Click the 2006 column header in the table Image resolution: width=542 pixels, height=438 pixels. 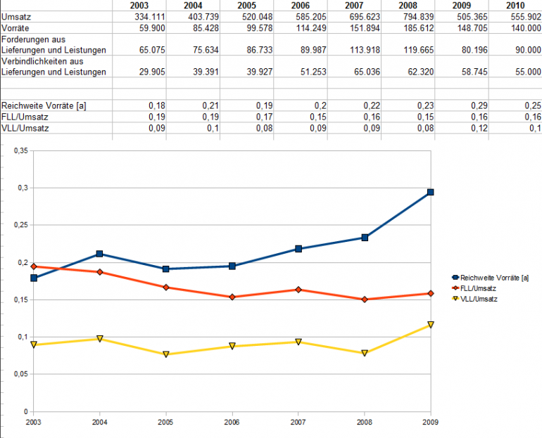(300, 6)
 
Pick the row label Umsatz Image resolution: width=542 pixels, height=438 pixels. (16, 16)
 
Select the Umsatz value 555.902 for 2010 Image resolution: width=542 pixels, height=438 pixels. (524, 16)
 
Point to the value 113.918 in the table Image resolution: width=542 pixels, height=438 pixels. (365, 49)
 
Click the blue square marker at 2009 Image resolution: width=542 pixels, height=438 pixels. (431, 192)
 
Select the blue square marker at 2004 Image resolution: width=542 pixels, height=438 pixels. (100, 254)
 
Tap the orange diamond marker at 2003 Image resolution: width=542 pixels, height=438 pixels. (34, 266)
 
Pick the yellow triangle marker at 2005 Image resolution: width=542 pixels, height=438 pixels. (166, 354)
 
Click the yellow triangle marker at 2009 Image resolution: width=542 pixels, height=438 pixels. (431, 325)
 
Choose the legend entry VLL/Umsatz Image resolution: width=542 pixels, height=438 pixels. (477, 299)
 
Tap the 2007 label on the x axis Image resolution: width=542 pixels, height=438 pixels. (298, 422)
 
